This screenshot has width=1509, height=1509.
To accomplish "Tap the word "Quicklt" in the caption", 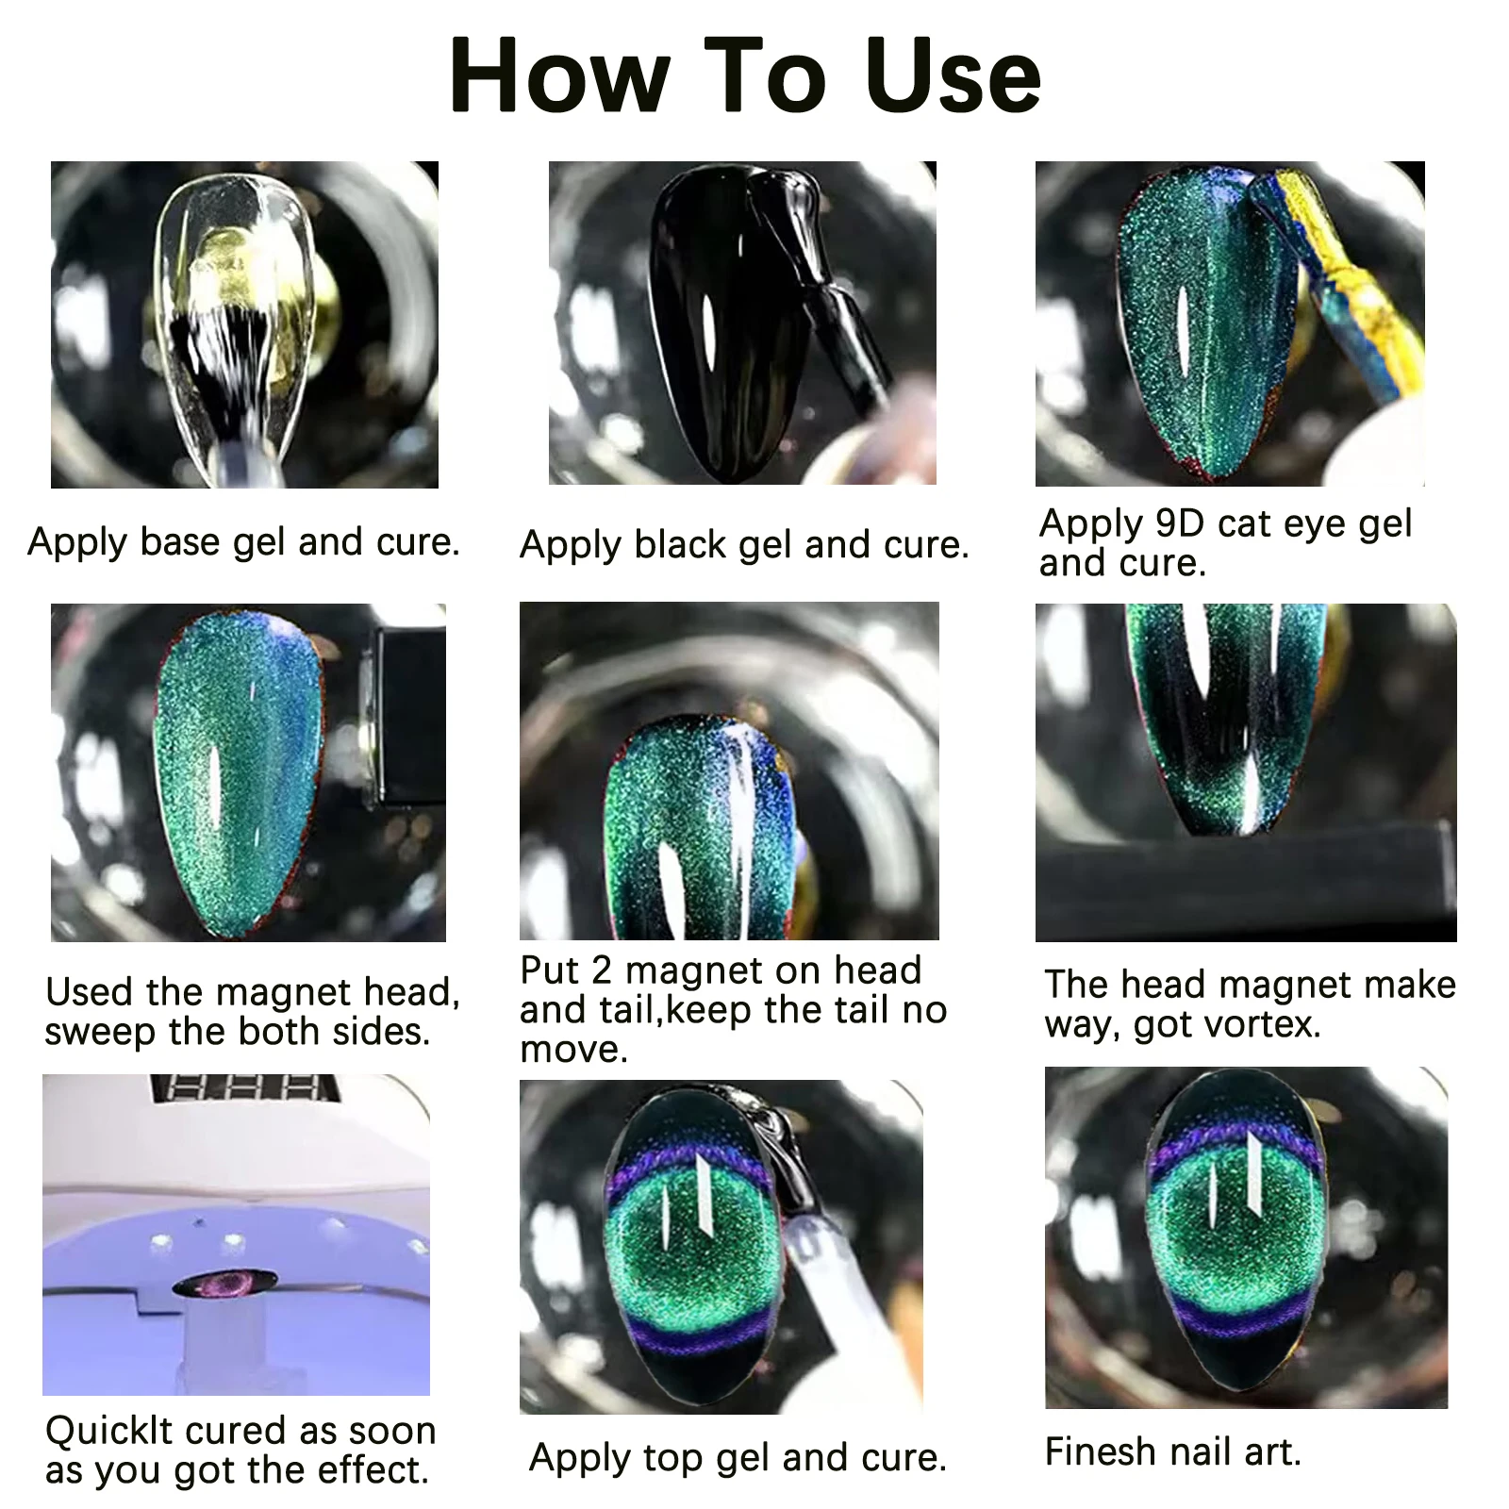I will pyautogui.click(x=111, y=1431).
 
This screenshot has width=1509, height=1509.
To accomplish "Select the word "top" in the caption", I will pyautogui.click(x=674, y=1458).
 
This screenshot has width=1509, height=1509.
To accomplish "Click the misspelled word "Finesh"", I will pyautogui.click(x=1100, y=1451).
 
